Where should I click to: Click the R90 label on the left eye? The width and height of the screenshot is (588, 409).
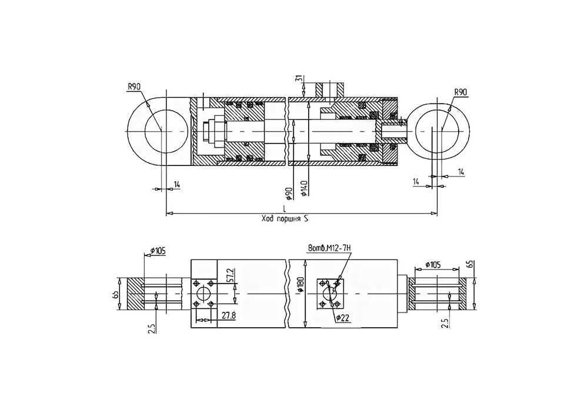pos(134,87)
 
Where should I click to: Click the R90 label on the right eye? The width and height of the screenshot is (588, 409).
pos(460,92)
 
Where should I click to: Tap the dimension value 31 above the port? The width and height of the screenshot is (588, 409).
pos(299,79)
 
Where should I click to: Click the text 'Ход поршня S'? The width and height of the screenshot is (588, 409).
pos(285,219)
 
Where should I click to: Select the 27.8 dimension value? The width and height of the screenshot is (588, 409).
pos(228,315)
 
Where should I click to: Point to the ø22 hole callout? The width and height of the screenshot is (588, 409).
pos(343,318)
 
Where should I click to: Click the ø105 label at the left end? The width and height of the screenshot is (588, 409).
pos(158,250)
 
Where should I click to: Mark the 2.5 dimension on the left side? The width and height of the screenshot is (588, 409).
pos(152,327)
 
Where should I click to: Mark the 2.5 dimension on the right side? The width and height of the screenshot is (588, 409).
pos(445,322)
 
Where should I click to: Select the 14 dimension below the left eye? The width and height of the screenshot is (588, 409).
pos(176,184)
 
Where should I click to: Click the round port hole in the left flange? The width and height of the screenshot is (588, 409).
pos(203,294)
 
